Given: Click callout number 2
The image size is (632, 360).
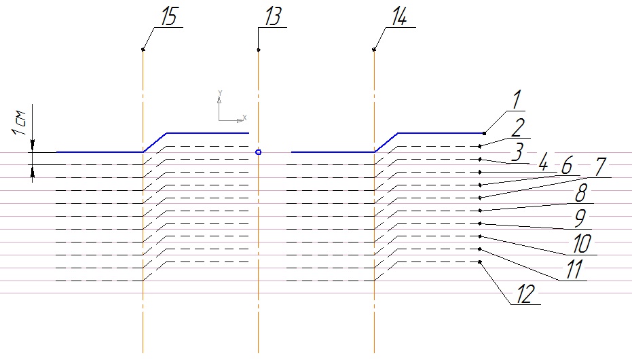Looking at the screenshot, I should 517,127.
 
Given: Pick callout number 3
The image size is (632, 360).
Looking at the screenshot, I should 517,153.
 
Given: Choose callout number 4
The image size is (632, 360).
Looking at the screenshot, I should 542,164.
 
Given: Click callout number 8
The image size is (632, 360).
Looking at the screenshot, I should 580,194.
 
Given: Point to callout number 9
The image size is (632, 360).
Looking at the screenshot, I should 579,219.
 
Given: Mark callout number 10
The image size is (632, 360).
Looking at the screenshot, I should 582,244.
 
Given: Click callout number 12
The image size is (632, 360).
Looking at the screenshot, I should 524,294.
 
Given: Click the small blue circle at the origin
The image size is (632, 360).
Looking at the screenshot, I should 258,152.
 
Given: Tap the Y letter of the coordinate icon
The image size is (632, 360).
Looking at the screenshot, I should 219,92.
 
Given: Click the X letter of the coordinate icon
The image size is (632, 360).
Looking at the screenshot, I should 244,117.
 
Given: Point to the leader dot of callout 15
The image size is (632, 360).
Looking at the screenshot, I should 143,50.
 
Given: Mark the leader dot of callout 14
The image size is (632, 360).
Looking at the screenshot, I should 374,50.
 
